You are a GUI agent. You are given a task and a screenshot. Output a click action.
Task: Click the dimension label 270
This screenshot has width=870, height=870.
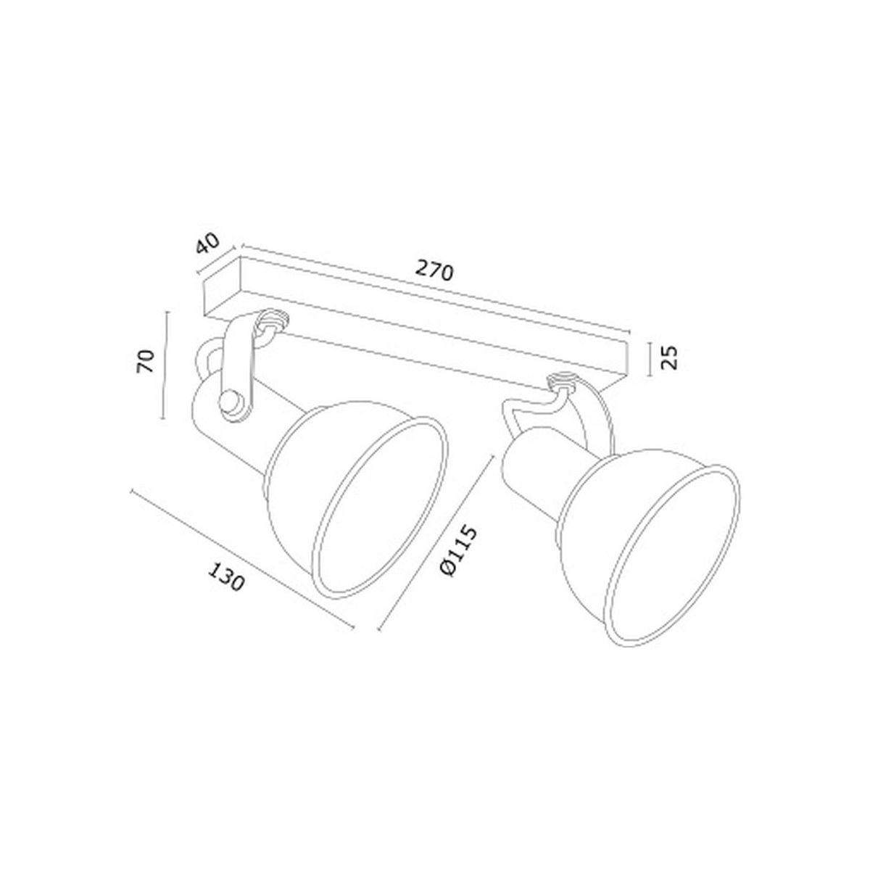pyautogui.click(x=433, y=271)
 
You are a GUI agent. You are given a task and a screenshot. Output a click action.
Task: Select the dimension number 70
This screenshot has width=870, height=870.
pyautogui.click(x=146, y=361)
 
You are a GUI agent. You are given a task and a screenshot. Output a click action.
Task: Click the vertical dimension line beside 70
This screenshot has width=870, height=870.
pyautogui.click(x=165, y=365)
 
